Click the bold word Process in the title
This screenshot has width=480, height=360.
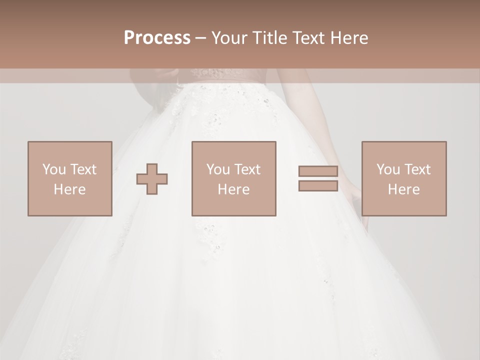(157, 38)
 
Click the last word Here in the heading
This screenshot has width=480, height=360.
(348, 38)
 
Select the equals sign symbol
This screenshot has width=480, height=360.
(318, 178)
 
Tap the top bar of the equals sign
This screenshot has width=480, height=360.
(318, 171)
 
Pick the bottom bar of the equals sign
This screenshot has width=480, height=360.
(318, 185)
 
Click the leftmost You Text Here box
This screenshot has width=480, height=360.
(69, 178)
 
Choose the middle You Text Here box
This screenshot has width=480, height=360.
(233, 178)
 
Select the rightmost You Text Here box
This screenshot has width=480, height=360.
(403, 178)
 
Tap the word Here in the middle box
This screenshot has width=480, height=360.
(233, 189)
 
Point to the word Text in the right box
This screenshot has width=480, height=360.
(417, 169)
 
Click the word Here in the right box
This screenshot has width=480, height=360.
(403, 189)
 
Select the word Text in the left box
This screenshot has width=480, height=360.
(83, 169)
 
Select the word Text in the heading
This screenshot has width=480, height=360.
(308, 38)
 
